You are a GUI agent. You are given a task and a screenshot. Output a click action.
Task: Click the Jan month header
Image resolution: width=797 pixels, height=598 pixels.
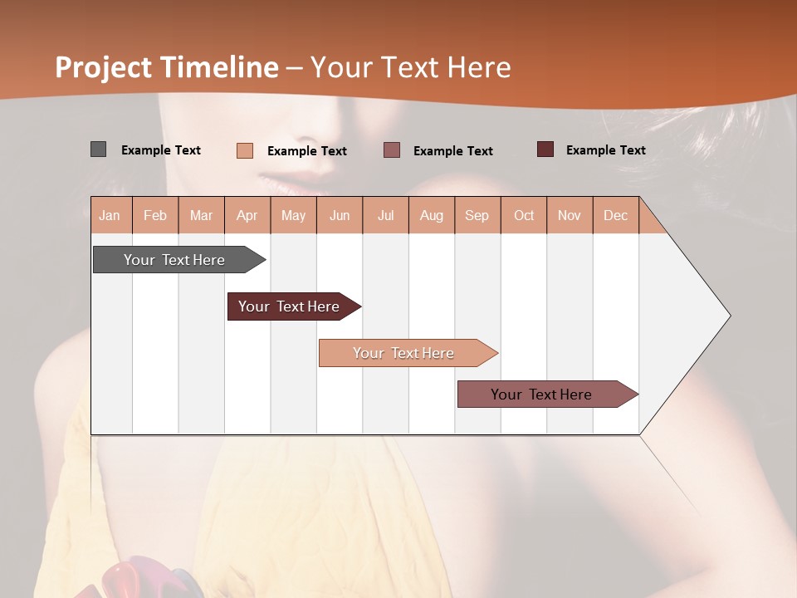pyautogui.click(x=110, y=215)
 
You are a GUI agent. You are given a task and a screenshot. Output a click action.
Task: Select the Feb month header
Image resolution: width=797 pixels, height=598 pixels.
pyautogui.click(x=155, y=215)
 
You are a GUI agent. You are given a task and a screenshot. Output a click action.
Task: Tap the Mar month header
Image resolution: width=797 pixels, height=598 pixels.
pyautogui.click(x=201, y=215)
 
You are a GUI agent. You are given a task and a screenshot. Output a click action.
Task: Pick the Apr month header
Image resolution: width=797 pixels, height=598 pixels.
pyautogui.click(x=247, y=215)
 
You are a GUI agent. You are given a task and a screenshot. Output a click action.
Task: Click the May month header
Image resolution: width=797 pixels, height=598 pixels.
pyautogui.click(x=293, y=215)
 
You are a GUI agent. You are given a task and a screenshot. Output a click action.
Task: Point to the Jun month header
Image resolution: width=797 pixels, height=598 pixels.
pyautogui.click(x=340, y=215)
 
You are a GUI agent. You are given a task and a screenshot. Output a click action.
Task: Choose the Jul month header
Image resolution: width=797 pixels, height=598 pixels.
pyautogui.click(x=385, y=215)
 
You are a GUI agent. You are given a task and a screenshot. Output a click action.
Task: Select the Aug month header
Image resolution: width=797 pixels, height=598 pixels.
pyautogui.click(x=432, y=215)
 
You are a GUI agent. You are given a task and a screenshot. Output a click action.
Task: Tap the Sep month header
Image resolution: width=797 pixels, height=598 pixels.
pyautogui.click(x=477, y=215)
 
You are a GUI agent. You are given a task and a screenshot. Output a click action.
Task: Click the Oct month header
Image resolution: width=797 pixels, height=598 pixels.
pyautogui.click(x=524, y=215)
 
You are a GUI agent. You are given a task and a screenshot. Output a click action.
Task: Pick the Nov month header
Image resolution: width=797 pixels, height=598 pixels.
pyautogui.click(x=570, y=215)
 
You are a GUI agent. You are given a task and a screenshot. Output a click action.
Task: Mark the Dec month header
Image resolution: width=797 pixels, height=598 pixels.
pyautogui.click(x=616, y=215)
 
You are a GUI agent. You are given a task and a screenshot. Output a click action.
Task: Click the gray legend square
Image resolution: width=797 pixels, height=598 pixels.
pyautogui.click(x=98, y=149)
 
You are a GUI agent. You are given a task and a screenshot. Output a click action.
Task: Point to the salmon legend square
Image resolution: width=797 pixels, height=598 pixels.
pyautogui.click(x=245, y=150)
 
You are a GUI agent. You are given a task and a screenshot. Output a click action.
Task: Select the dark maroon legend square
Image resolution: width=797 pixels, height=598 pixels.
pyautogui.click(x=545, y=149)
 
